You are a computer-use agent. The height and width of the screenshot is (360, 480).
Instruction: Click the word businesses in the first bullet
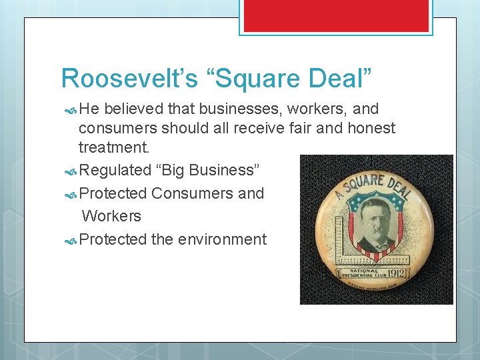216,109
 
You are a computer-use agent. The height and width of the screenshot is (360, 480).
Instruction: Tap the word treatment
113,146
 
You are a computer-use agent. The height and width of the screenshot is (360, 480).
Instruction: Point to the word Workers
111,216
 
